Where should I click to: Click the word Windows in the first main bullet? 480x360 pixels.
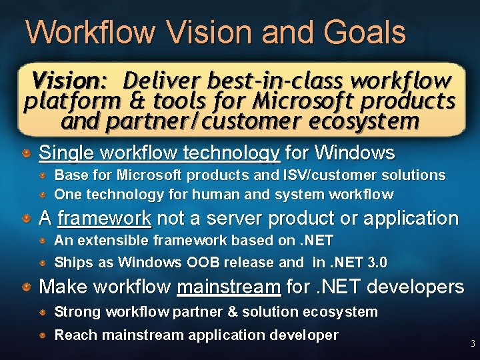(x=354, y=153)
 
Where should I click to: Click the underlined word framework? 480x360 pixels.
(x=105, y=218)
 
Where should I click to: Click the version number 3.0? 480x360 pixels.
(x=375, y=262)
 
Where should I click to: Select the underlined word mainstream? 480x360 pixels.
(x=229, y=287)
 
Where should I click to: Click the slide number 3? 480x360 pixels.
(x=473, y=345)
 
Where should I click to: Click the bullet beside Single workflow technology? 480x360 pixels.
(x=26, y=153)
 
